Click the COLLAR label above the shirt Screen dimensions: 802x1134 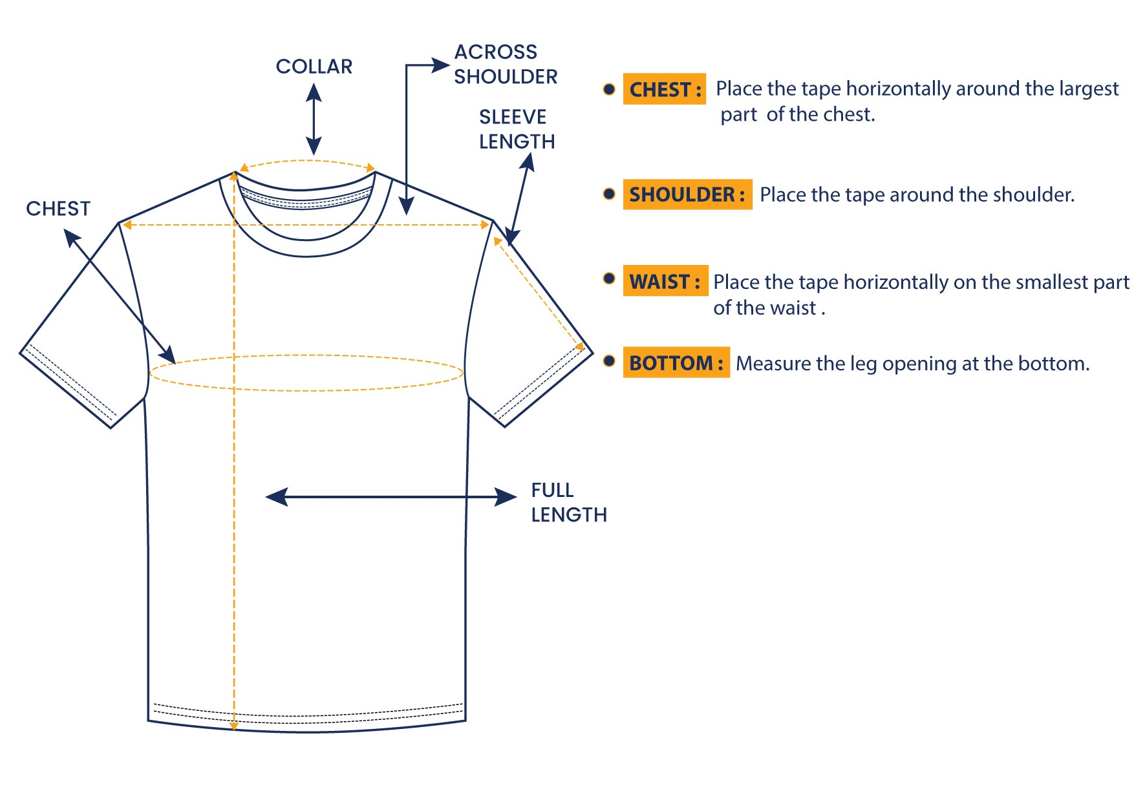click(314, 67)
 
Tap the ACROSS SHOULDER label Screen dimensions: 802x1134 click(505, 64)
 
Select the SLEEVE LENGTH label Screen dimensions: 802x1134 click(517, 129)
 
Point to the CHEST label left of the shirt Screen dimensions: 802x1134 click(58, 209)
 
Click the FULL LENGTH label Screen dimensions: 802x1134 click(568, 502)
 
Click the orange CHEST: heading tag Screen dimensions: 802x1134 click(664, 89)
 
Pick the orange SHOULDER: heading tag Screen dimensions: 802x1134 click(687, 195)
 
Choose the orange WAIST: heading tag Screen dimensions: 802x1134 click(665, 282)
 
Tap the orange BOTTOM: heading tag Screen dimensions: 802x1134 click(676, 363)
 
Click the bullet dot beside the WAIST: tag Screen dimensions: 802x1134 click(609, 279)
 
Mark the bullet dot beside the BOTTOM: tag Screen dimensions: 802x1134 click(609, 361)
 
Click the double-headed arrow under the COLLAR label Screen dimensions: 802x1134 click(314, 120)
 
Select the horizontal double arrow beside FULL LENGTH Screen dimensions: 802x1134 click(390, 497)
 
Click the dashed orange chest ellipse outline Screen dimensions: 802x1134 click(306, 355)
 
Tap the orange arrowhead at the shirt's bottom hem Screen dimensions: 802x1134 click(234, 726)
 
